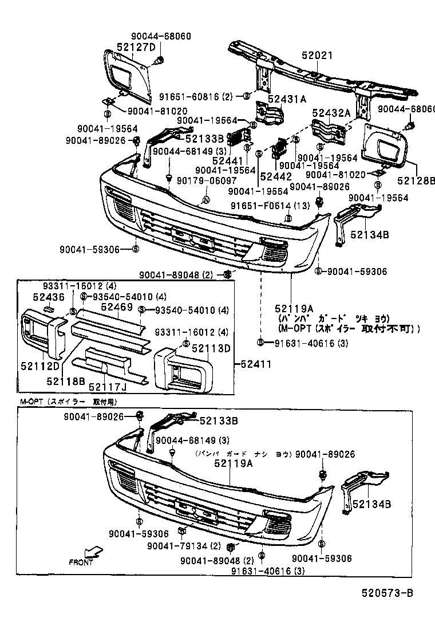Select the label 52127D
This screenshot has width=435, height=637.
tap(136, 47)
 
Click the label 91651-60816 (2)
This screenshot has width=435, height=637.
tap(196, 96)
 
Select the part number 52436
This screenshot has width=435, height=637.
tap(48, 297)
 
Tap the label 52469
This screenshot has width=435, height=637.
tap(117, 307)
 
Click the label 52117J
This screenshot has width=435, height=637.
tap(106, 387)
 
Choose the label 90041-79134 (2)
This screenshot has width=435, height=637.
tap(184, 545)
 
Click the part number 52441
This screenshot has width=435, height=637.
tap(224, 162)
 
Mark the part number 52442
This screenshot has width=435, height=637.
tap(276, 176)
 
